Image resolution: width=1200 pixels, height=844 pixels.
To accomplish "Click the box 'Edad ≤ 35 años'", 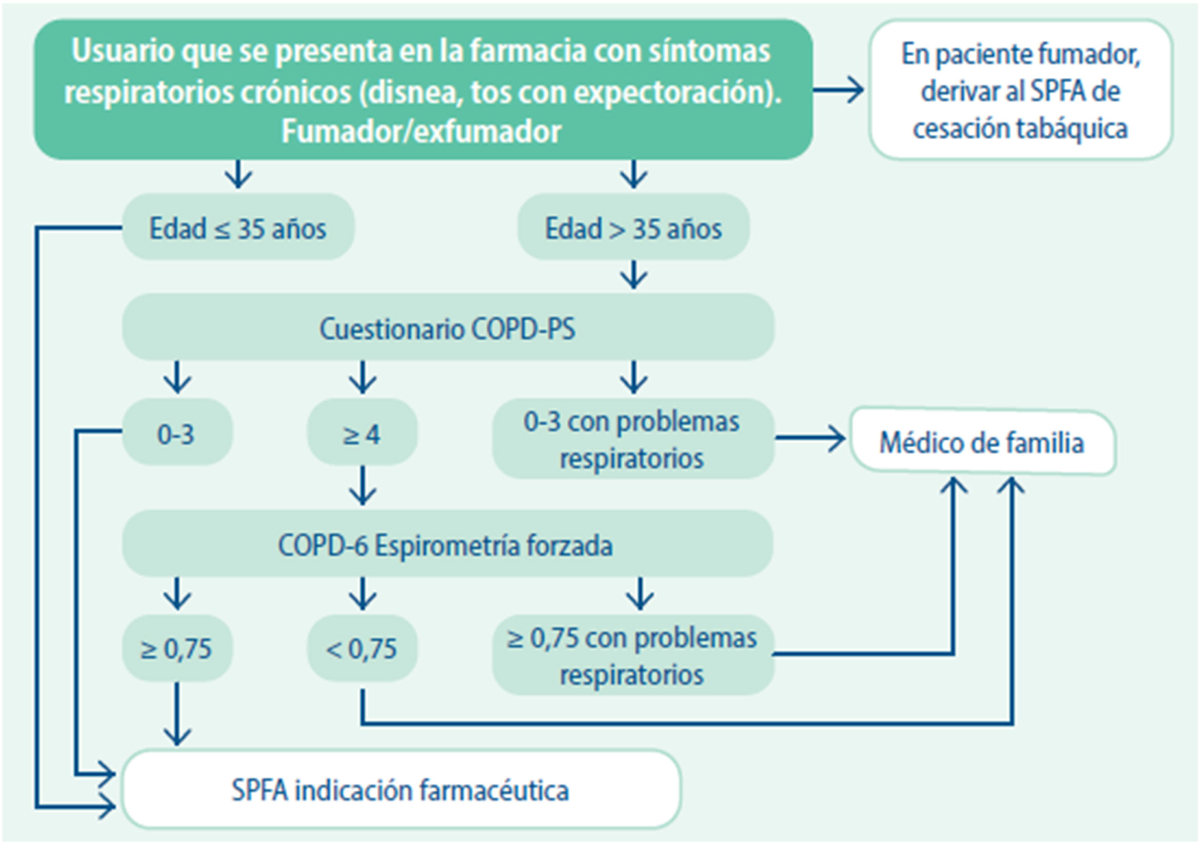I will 238,228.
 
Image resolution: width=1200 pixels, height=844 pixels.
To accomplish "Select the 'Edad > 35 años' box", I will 633,228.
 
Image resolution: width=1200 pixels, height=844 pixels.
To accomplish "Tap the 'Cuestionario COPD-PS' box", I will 448,327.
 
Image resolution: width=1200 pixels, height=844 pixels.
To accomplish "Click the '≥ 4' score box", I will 362,433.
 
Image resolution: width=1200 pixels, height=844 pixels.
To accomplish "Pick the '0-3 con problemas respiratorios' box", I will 633,439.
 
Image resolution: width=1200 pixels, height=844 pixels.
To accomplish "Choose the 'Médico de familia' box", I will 982,442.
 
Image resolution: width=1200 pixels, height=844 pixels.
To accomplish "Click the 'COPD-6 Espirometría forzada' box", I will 447,544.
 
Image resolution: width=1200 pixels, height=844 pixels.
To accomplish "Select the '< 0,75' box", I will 362,649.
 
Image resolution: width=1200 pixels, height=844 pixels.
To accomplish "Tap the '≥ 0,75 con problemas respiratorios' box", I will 633,655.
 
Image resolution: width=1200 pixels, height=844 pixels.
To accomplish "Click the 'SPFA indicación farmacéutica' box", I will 401,789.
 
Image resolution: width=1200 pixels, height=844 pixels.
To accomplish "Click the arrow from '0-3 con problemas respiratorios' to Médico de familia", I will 809,438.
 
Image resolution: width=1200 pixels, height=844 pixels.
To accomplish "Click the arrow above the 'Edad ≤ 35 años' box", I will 239,174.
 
